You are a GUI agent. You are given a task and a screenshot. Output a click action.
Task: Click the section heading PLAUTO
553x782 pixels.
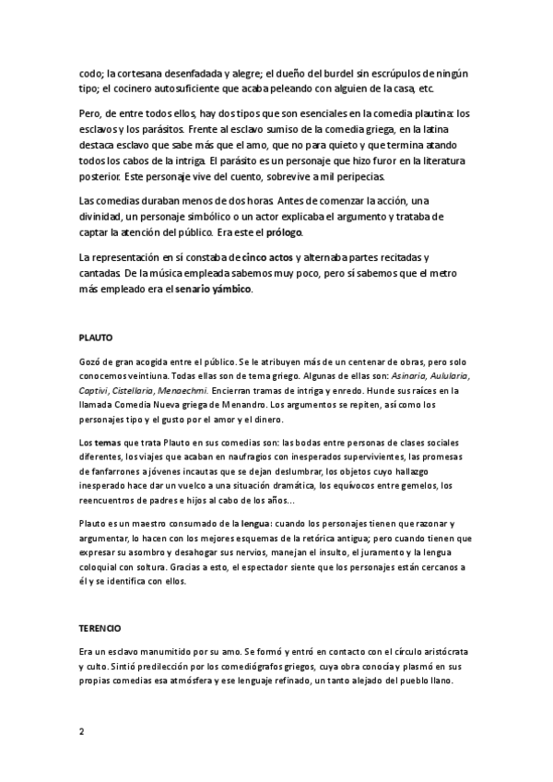95,338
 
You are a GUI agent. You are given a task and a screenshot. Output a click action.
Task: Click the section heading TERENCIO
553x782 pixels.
100,627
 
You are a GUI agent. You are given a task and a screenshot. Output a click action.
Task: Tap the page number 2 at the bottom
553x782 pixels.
81,731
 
